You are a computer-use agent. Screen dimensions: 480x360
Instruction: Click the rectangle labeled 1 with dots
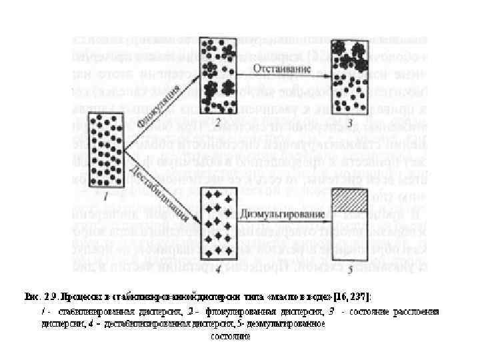[105, 151]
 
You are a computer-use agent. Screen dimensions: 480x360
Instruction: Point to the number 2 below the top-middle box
[217, 123]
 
